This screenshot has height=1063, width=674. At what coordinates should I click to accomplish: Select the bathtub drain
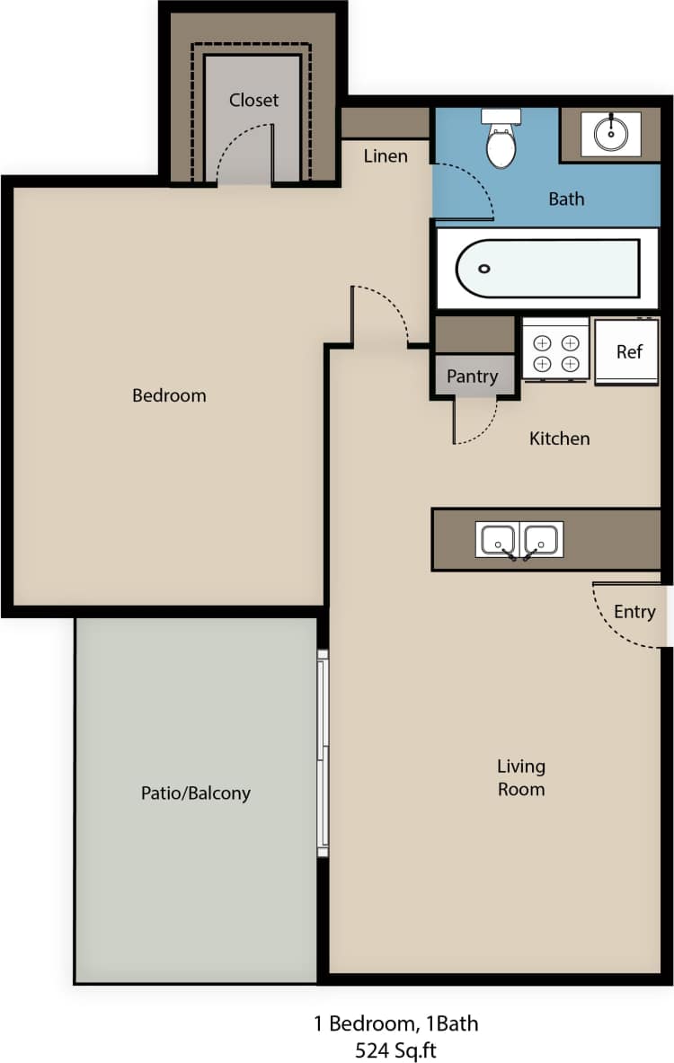[484, 269]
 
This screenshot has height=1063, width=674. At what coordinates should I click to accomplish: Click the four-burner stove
[555, 352]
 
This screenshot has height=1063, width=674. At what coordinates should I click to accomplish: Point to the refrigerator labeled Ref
[627, 351]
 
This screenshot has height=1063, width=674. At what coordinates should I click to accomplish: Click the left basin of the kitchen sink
[497, 539]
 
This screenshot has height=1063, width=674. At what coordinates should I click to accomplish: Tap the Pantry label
[472, 376]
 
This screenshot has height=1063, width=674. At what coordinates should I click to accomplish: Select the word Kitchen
[559, 438]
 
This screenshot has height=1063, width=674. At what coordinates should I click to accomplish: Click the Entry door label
[634, 612]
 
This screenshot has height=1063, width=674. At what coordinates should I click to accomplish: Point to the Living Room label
[521, 777]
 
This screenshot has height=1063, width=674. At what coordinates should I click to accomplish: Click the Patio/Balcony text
[195, 793]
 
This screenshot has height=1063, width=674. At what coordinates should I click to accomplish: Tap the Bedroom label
[169, 395]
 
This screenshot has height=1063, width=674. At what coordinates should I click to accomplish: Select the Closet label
[253, 100]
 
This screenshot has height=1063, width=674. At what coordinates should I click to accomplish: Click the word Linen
[385, 156]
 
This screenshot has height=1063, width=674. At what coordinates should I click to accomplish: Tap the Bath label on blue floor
[566, 199]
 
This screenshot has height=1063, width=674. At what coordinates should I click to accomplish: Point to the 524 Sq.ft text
[395, 1049]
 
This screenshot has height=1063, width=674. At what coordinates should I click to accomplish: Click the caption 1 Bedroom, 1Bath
[395, 1023]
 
